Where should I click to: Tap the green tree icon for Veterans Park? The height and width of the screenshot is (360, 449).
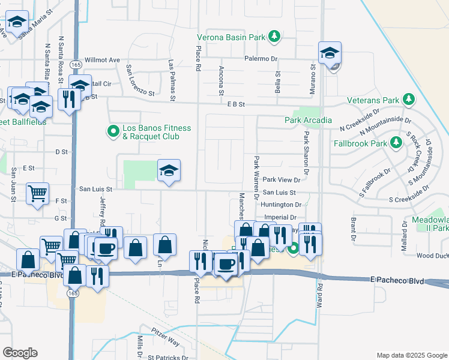click(409, 99)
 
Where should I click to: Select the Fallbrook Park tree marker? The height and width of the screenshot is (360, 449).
click(396, 143)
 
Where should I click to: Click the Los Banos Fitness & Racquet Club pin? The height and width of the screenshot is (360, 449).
click(112, 131)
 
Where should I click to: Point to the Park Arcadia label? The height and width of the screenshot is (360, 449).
click(308, 121)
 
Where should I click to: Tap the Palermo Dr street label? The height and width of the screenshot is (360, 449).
click(261, 59)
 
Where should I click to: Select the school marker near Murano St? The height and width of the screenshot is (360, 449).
click(330, 53)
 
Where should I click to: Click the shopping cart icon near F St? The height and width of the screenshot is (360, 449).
click(37, 194)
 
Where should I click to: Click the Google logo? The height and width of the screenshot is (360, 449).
click(20, 353)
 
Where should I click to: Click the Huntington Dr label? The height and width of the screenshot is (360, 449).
click(281, 205)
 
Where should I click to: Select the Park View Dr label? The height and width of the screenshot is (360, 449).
click(281, 179)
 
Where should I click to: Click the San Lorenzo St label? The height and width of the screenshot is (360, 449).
click(140, 81)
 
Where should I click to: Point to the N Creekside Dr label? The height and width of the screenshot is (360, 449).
click(360, 119)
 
